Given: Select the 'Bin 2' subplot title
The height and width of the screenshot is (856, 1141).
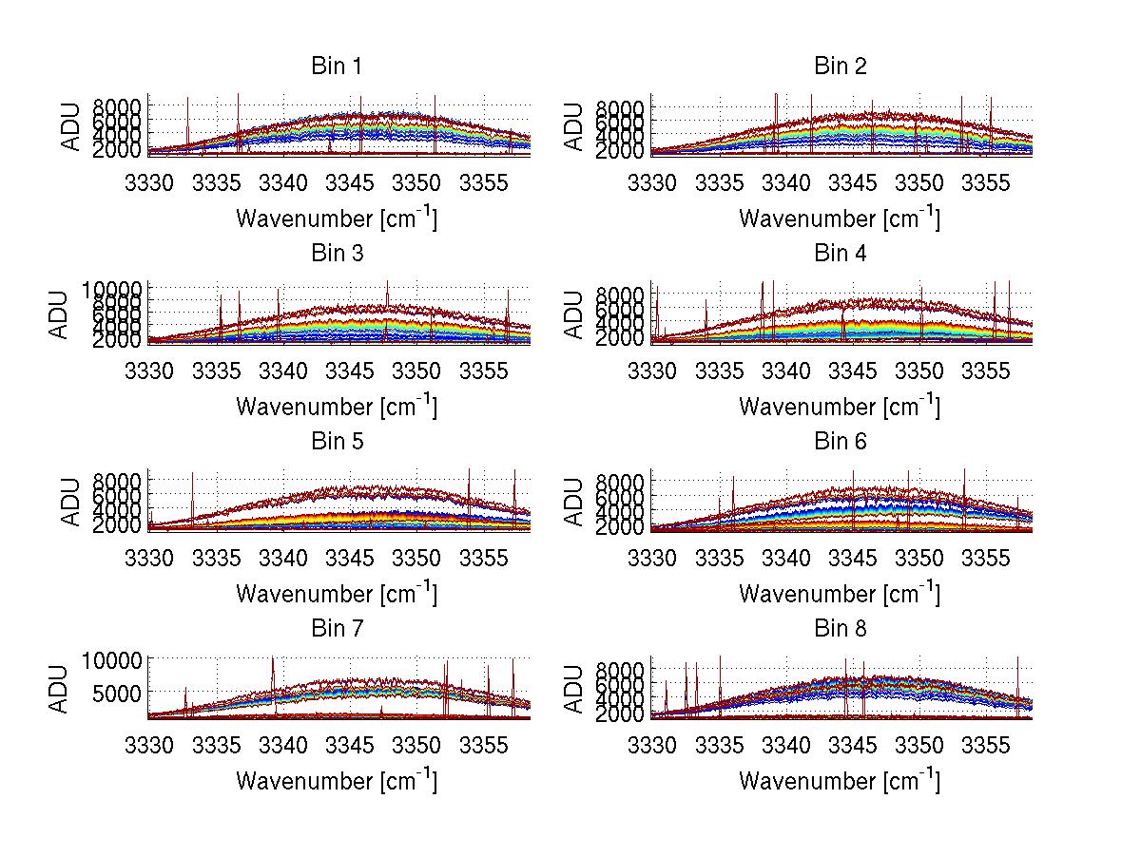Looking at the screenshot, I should coord(840,67).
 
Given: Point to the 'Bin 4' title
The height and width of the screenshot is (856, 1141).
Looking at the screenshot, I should coord(840,254).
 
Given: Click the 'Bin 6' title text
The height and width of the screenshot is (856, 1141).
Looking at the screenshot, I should coord(840,442).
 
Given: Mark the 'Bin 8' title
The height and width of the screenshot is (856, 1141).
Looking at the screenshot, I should coord(840,629).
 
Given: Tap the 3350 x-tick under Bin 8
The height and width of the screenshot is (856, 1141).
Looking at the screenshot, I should coord(920,744).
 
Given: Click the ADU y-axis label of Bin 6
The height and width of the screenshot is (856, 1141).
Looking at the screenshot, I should coord(574,502).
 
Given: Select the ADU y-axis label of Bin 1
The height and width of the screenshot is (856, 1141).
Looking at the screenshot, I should coord(71,125).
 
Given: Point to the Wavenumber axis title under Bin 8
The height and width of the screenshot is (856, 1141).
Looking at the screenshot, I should coord(840,781).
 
